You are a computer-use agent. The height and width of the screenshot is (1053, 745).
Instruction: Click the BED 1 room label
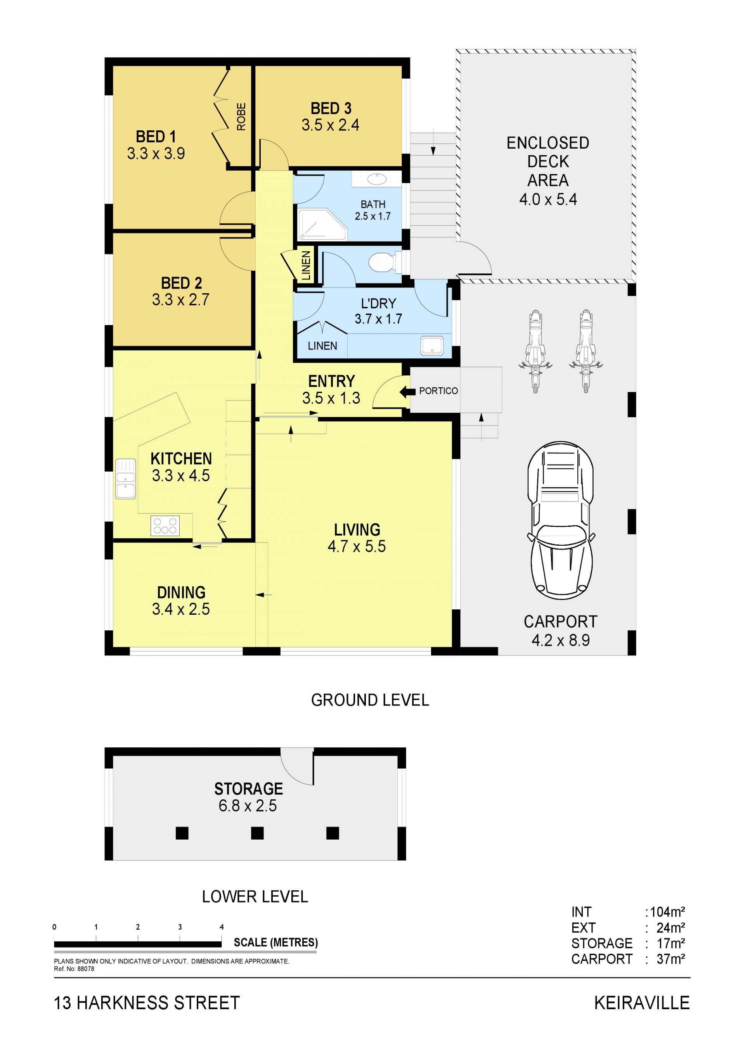point(156,137)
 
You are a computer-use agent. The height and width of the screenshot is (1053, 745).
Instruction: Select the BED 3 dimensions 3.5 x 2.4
point(330,125)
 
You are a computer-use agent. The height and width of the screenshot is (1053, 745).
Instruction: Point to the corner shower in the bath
point(322,225)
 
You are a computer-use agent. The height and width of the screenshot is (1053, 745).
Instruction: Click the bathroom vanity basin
point(377,179)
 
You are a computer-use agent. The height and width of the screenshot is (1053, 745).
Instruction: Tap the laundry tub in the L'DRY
point(432,346)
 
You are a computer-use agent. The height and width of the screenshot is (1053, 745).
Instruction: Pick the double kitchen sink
point(125,479)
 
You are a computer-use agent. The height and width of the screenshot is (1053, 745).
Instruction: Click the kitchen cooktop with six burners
point(165,526)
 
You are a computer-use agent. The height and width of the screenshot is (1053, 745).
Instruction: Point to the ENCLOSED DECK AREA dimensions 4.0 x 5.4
point(548,199)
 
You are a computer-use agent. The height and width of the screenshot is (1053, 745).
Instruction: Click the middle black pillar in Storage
point(257,833)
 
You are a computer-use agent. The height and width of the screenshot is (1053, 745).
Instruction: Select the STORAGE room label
point(249,789)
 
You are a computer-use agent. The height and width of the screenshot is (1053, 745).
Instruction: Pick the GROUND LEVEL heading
point(370,700)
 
